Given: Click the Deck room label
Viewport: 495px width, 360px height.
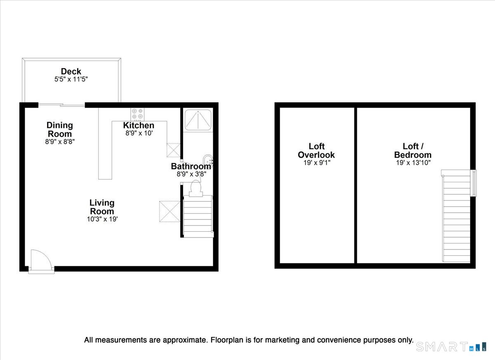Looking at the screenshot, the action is (x=71, y=71).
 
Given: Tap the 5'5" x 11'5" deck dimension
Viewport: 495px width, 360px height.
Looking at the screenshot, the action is (x=71, y=79).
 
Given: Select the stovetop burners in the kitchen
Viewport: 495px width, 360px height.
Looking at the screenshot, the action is (x=137, y=114).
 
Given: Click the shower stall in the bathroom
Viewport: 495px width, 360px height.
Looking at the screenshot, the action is (x=198, y=120).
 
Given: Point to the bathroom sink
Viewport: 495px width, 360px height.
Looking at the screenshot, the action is (x=208, y=161).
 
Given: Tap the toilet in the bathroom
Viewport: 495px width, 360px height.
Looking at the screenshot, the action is (x=196, y=188).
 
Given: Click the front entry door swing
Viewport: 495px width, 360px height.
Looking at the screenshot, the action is (x=41, y=259).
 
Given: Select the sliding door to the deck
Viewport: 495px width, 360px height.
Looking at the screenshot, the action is (x=61, y=105).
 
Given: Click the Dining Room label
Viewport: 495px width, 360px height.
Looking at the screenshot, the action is (x=60, y=129).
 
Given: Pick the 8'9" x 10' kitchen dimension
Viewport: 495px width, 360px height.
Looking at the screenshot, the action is (x=139, y=133).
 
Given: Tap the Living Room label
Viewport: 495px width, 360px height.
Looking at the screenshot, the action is (x=102, y=207).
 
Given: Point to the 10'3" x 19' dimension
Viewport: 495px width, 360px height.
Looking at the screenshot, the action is (x=102, y=219).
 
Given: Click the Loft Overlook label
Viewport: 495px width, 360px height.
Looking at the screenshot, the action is (x=316, y=151).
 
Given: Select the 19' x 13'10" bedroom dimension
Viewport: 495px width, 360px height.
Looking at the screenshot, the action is (x=413, y=162).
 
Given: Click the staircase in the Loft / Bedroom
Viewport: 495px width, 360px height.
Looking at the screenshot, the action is (x=456, y=216).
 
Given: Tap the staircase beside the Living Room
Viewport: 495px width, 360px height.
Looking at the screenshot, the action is (x=198, y=216).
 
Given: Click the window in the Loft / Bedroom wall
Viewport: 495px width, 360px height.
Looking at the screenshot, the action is (x=473, y=183).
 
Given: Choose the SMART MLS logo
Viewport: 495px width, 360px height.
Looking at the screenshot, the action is (x=451, y=346).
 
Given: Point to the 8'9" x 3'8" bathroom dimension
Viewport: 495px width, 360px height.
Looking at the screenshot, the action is (x=191, y=174).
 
